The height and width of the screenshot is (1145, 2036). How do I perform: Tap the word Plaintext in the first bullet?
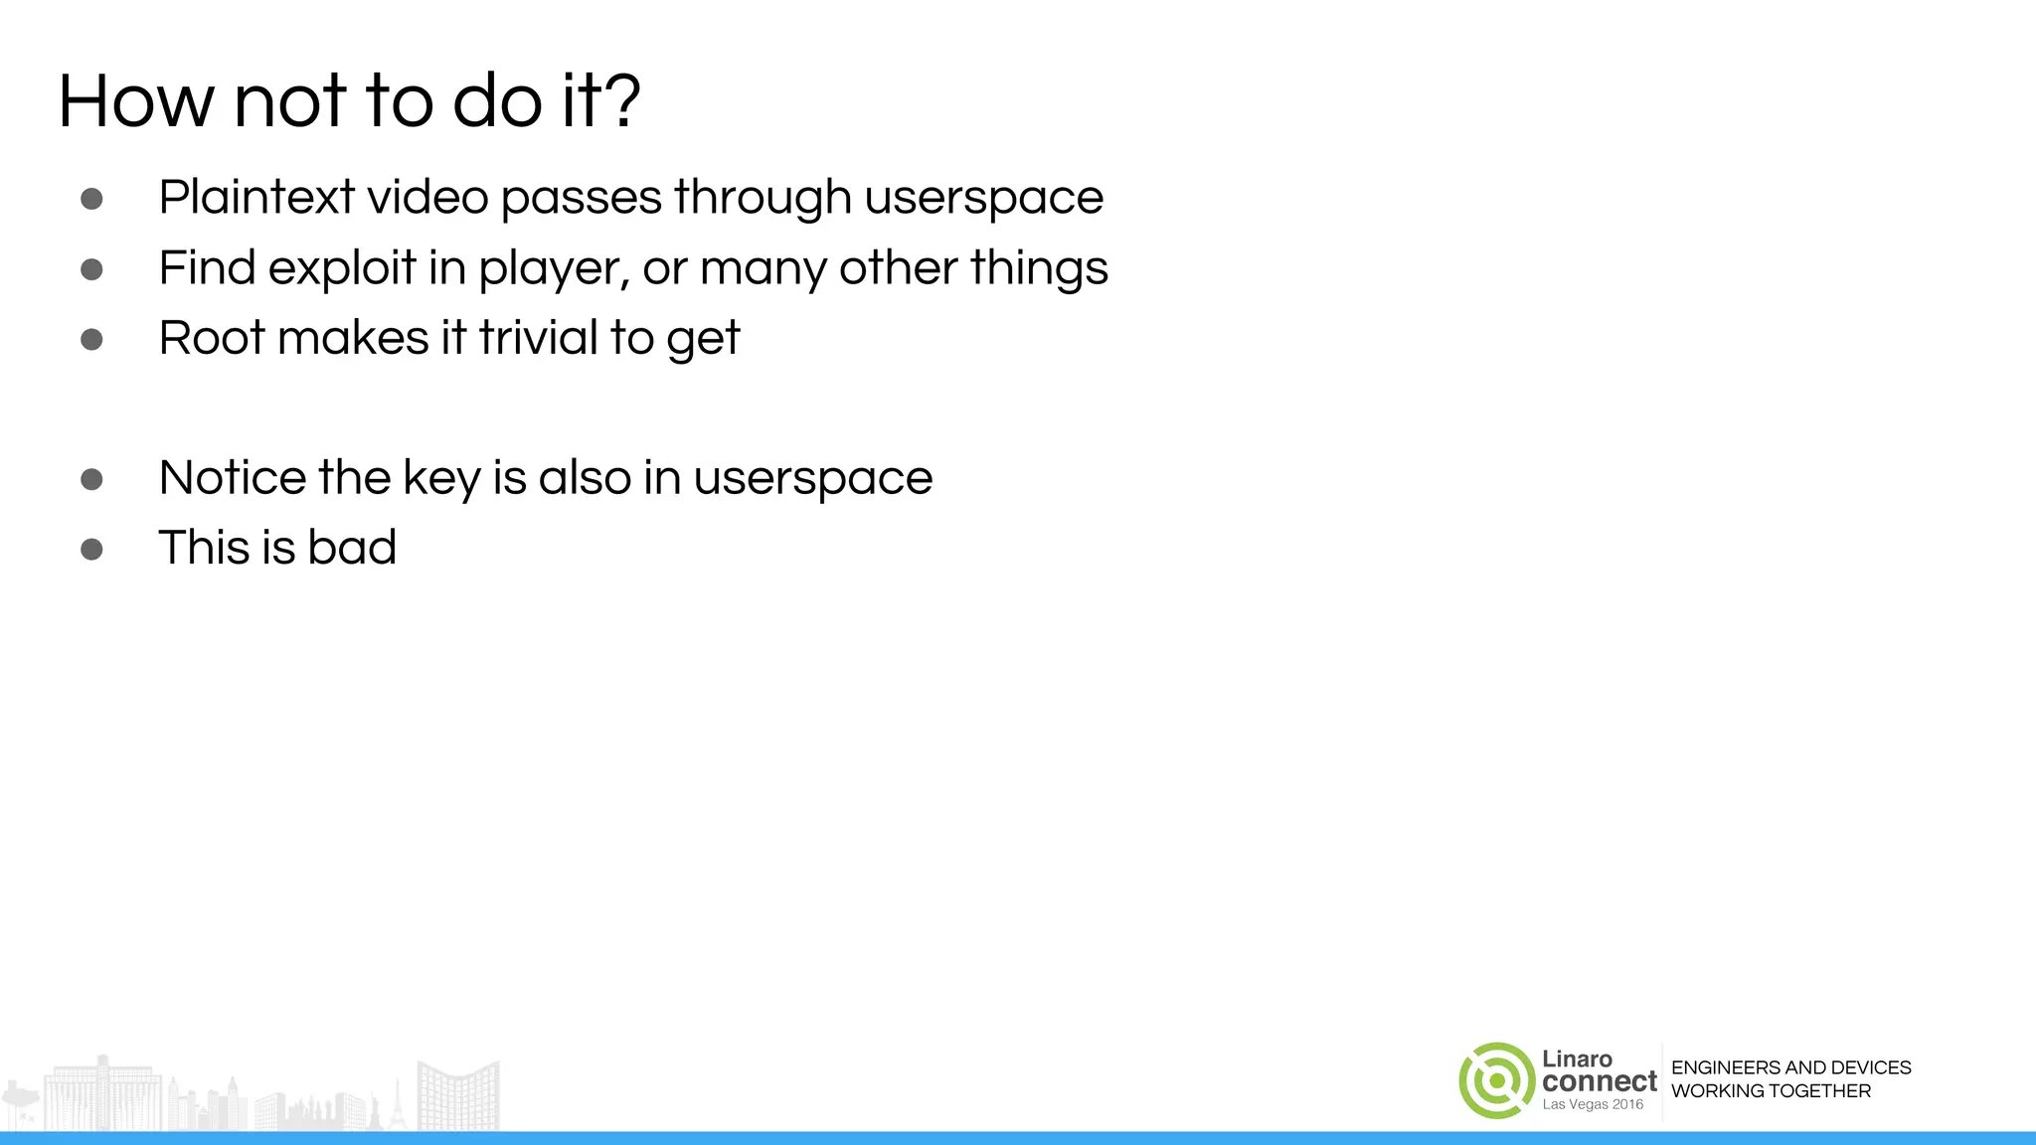(256, 197)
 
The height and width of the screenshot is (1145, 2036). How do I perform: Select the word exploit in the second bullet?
(342, 268)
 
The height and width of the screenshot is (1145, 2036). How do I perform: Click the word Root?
(213, 338)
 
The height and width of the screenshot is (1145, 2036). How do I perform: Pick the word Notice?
(233, 478)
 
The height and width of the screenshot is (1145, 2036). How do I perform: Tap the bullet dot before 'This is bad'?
(91, 549)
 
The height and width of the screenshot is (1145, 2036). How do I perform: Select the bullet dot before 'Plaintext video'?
(91, 199)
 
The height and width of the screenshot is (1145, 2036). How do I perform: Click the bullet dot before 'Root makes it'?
(91, 340)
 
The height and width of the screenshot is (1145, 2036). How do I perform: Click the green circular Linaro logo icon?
(1496, 1080)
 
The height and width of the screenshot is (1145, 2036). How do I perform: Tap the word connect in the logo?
(1600, 1081)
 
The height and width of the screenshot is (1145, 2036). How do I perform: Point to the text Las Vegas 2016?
(1593, 1104)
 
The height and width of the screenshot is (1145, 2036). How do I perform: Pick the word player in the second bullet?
(553, 268)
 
